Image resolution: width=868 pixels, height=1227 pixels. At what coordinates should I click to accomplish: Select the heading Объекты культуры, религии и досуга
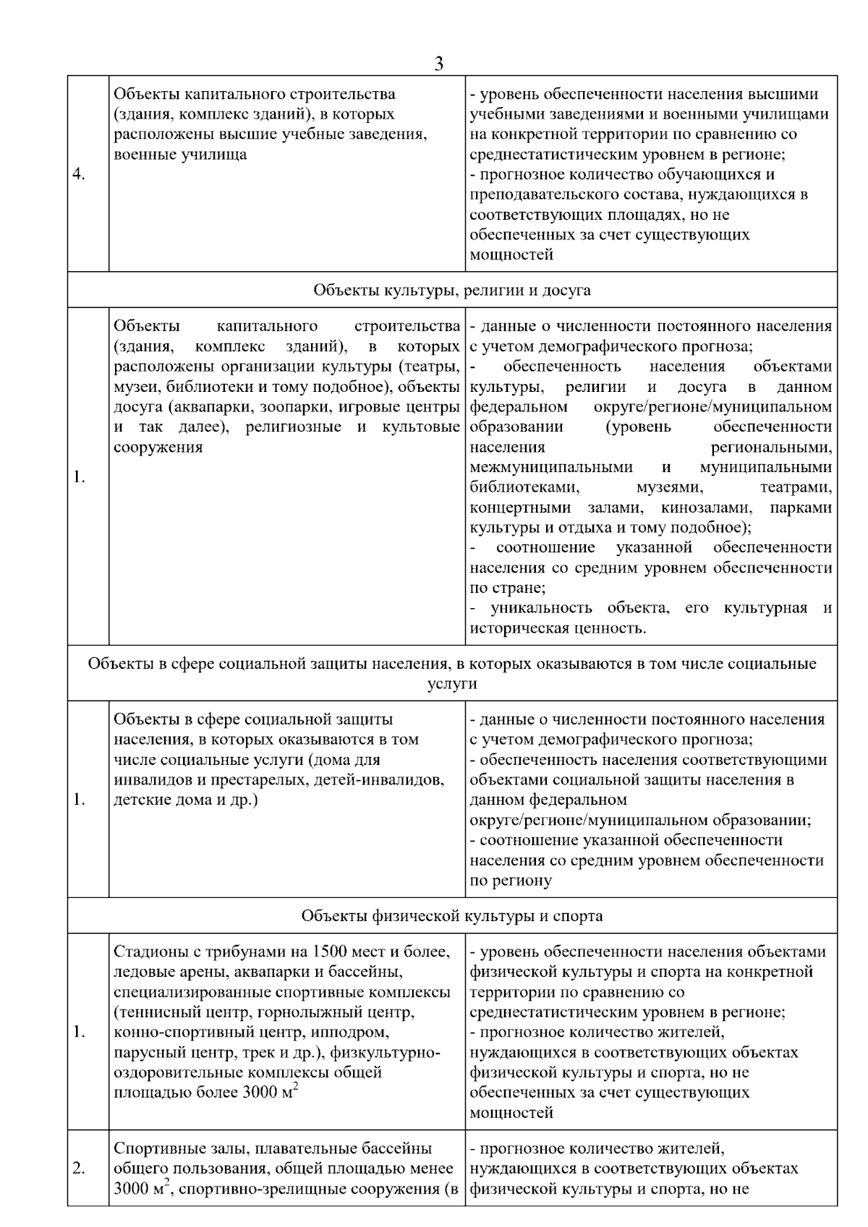coord(452,290)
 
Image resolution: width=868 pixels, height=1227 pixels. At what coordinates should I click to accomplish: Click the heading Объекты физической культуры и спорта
coord(452,916)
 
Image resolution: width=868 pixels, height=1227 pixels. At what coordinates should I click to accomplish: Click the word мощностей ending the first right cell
coord(511,255)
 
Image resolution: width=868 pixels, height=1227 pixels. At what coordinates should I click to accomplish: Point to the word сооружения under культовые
coord(158,447)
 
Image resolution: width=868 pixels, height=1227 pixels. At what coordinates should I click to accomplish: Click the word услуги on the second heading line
coord(452,683)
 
